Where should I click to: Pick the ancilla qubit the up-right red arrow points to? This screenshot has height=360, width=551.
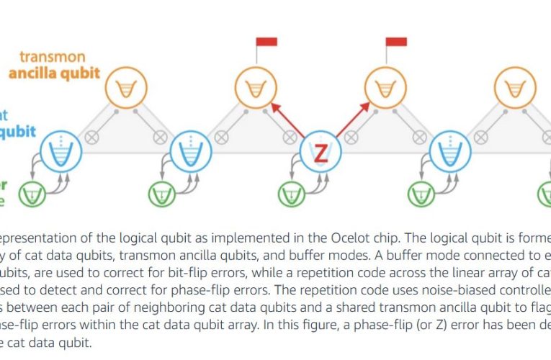click(x=383, y=89)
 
